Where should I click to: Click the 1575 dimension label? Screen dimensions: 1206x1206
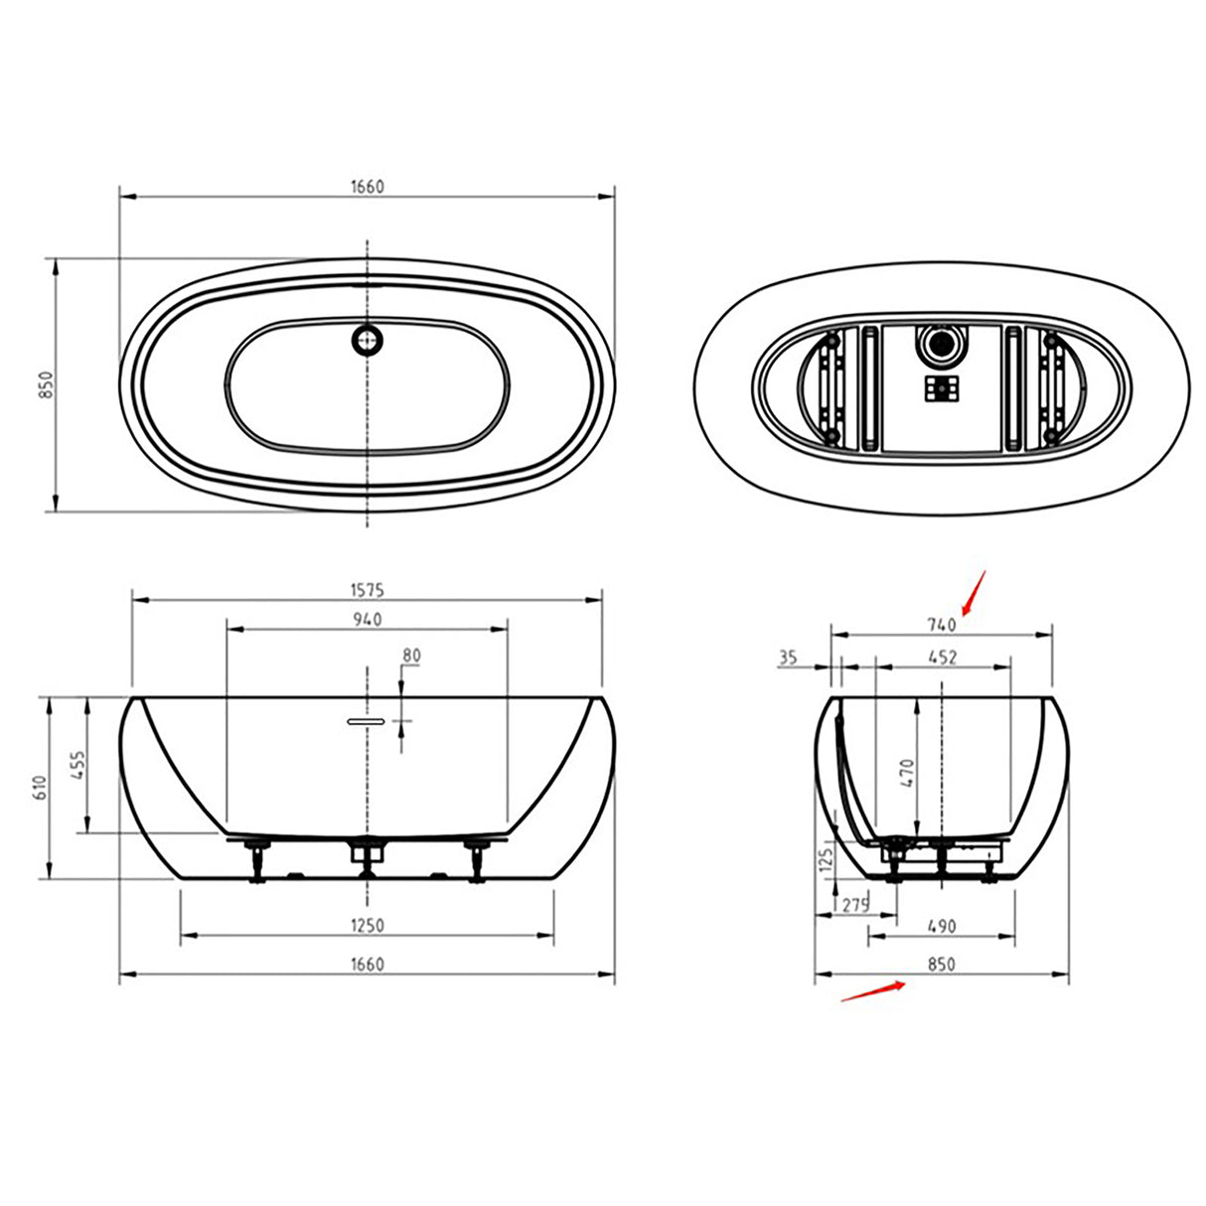(x=367, y=590)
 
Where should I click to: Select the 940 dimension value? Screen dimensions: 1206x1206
(x=367, y=620)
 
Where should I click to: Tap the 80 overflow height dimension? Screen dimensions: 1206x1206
(x=411, y=656)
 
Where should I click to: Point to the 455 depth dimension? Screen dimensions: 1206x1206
(x=79, y=765)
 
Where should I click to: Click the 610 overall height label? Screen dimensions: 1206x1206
(x=41, y=788)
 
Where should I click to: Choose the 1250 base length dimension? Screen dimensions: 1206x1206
(x=367, y=926)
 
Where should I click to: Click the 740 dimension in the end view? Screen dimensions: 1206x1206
(x=941, y=625)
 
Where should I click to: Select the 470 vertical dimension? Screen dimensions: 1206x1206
(x=907, y=773)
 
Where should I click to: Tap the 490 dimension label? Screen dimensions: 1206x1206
(x=941, y=926)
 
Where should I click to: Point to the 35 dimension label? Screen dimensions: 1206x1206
(x=788, y=657)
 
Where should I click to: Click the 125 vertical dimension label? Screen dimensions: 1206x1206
(x=824, y=860)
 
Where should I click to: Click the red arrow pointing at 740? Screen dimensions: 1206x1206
(x=972, y=593)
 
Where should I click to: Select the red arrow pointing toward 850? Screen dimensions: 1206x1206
(x=873, y=991)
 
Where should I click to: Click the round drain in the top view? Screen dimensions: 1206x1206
(x=367, y=340)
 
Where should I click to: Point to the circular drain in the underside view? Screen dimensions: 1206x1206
(x=939, y=345)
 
